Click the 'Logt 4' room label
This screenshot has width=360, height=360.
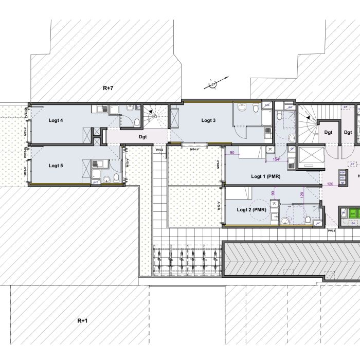(x=56, y=121)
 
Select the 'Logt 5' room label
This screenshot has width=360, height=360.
(x=56, y=166)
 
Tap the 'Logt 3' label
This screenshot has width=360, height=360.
(x=208, y=120)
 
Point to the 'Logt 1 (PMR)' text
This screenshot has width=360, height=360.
(x=265, y=176)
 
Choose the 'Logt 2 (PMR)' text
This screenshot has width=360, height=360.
(x=251, y=209)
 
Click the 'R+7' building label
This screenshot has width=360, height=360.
(x=107, y=88)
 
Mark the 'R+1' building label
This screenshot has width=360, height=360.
(x=82, y=320)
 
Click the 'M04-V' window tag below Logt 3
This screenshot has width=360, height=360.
(x=195, y=149)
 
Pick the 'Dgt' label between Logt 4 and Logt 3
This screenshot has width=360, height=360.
(x=143, y=137)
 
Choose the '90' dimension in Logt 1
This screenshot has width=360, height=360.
(x=232, y=153)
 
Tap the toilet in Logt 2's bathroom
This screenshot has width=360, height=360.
(x=308, y=220)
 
